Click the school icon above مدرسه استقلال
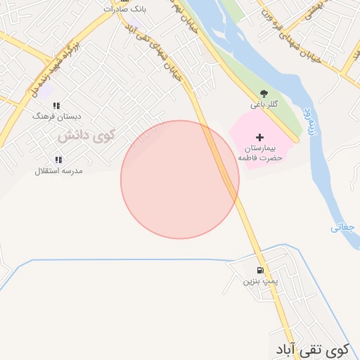[x=58, y=160]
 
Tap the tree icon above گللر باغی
[x=264, y=94]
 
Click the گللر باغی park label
[x=264, y=104]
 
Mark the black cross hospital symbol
[x=259, y=137]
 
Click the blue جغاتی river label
[x=344, y=227]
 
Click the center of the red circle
[x=180, y=179]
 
